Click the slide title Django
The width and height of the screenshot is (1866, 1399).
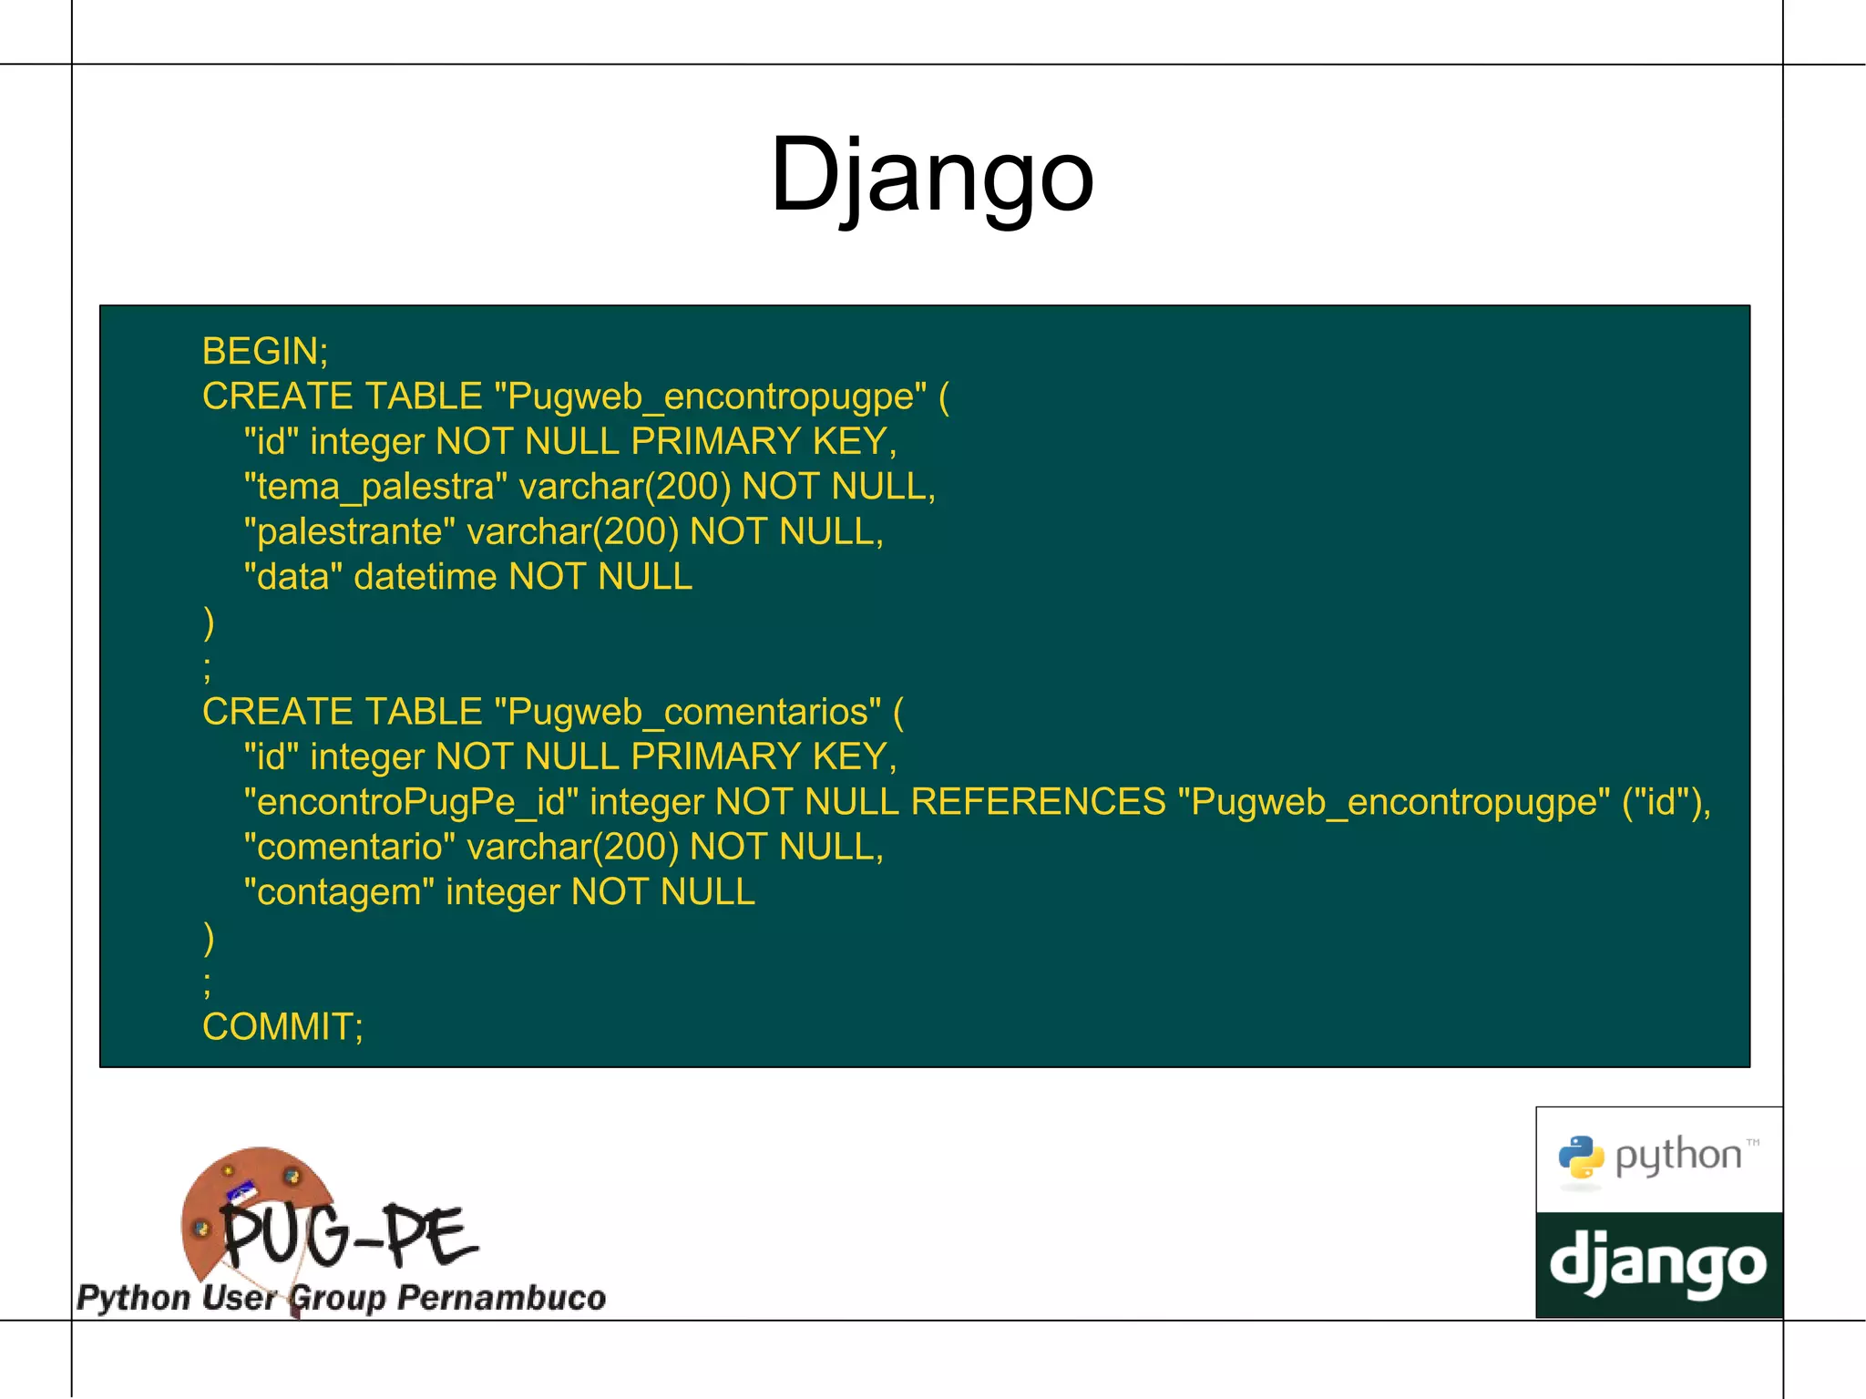(931, 175)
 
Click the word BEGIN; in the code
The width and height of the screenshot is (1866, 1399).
(265, 351)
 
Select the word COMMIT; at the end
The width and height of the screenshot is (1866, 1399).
(282, 1027)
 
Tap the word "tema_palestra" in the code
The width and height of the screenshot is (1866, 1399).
(375, 487)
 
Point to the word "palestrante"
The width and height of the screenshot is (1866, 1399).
(349, 531)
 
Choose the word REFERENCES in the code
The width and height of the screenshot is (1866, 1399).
(1038, 802)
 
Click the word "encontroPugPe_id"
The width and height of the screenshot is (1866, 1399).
(411, 802)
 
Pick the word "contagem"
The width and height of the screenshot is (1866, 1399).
(339, 892)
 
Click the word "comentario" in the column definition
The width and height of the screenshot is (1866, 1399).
(349, 848)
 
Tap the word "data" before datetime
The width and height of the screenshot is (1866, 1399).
(293, 577)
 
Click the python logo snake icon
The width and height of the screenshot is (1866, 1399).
(1581, 1158)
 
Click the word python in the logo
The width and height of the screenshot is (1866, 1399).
(1677, 1157)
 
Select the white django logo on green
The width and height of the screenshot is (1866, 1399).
(1658, 1265)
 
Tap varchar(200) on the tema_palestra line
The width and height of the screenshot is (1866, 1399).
(625, 487)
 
